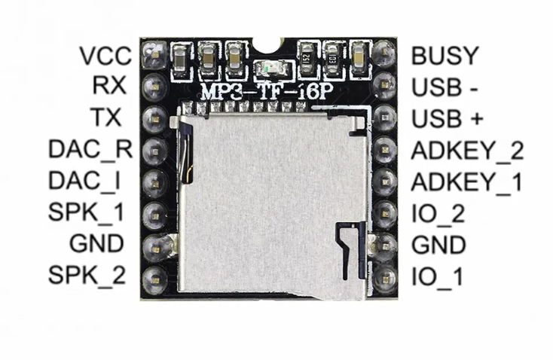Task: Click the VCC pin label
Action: [105, 56]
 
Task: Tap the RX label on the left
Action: [110, 86]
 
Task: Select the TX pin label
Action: [110, 117]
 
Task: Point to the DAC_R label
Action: [90, 149]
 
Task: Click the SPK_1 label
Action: [87, 212]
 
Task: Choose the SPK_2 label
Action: [87, 276]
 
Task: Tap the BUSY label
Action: [445, 56]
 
